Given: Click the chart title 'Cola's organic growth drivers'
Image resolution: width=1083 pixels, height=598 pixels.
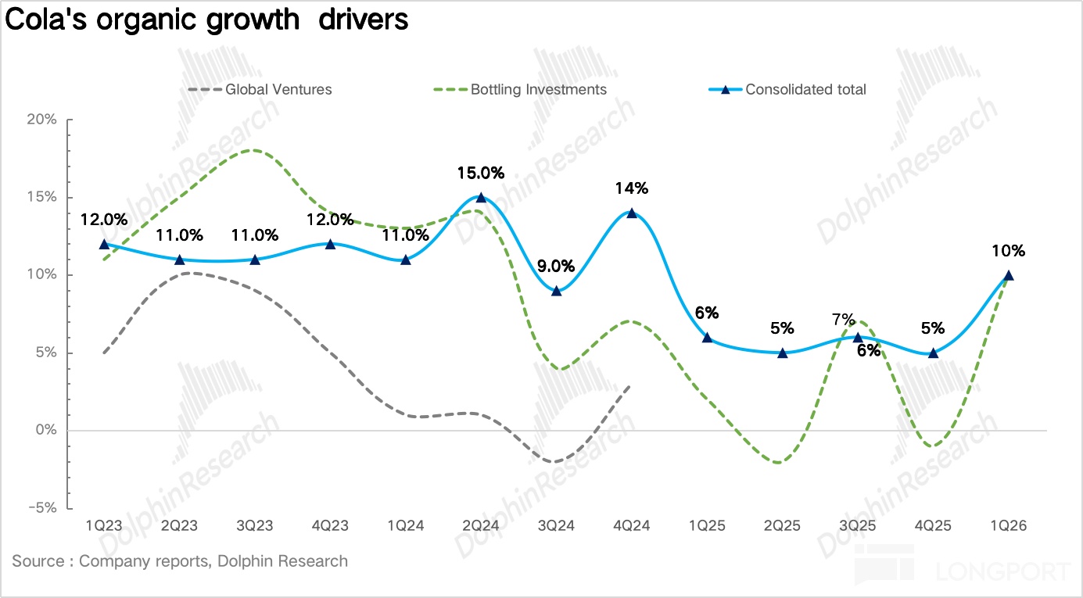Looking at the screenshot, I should [206, 20].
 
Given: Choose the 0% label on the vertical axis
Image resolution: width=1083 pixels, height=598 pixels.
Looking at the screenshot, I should [48, 431].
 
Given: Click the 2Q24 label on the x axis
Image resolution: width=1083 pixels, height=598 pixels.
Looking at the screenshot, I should [480, 526].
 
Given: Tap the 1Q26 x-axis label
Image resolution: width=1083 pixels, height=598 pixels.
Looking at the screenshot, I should [1008, 526].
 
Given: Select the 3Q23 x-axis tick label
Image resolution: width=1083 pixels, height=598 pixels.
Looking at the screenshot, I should [254, 526].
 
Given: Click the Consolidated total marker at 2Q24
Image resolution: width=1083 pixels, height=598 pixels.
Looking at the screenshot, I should [481, 197].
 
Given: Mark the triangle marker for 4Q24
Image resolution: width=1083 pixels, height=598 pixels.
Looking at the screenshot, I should [631, 213].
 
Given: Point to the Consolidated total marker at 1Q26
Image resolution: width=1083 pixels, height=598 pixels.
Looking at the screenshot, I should [1008, 274].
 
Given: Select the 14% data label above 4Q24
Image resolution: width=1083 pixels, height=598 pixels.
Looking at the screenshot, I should [632, 188].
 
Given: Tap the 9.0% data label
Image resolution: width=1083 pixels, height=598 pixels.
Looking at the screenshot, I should [556, 266].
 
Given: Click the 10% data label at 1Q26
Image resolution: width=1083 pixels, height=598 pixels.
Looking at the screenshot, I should [1009, 251].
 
